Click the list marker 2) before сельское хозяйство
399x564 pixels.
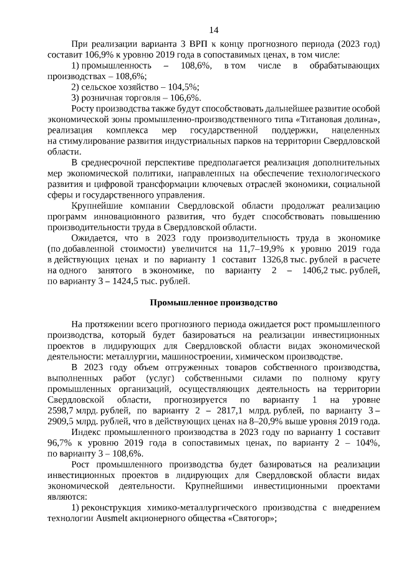[x=75, y=87]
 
